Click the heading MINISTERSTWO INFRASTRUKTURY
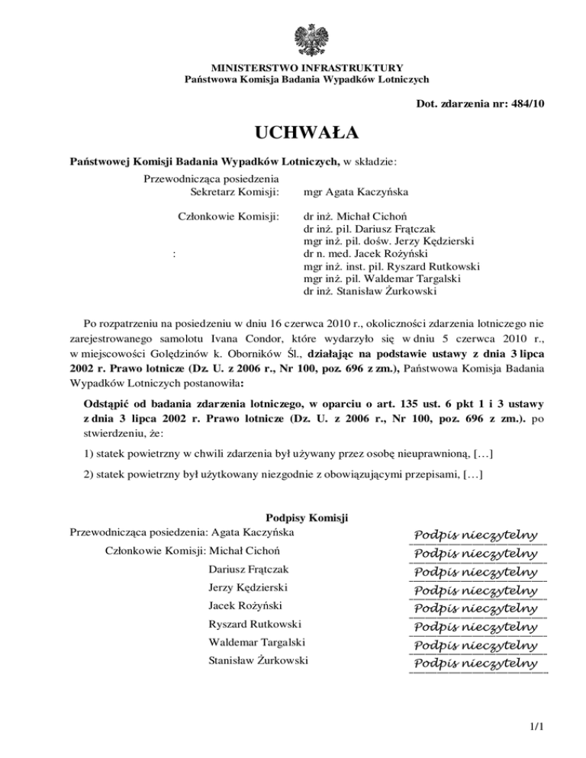(x=307, y=68)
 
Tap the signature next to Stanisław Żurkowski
(x=477, y=663)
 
